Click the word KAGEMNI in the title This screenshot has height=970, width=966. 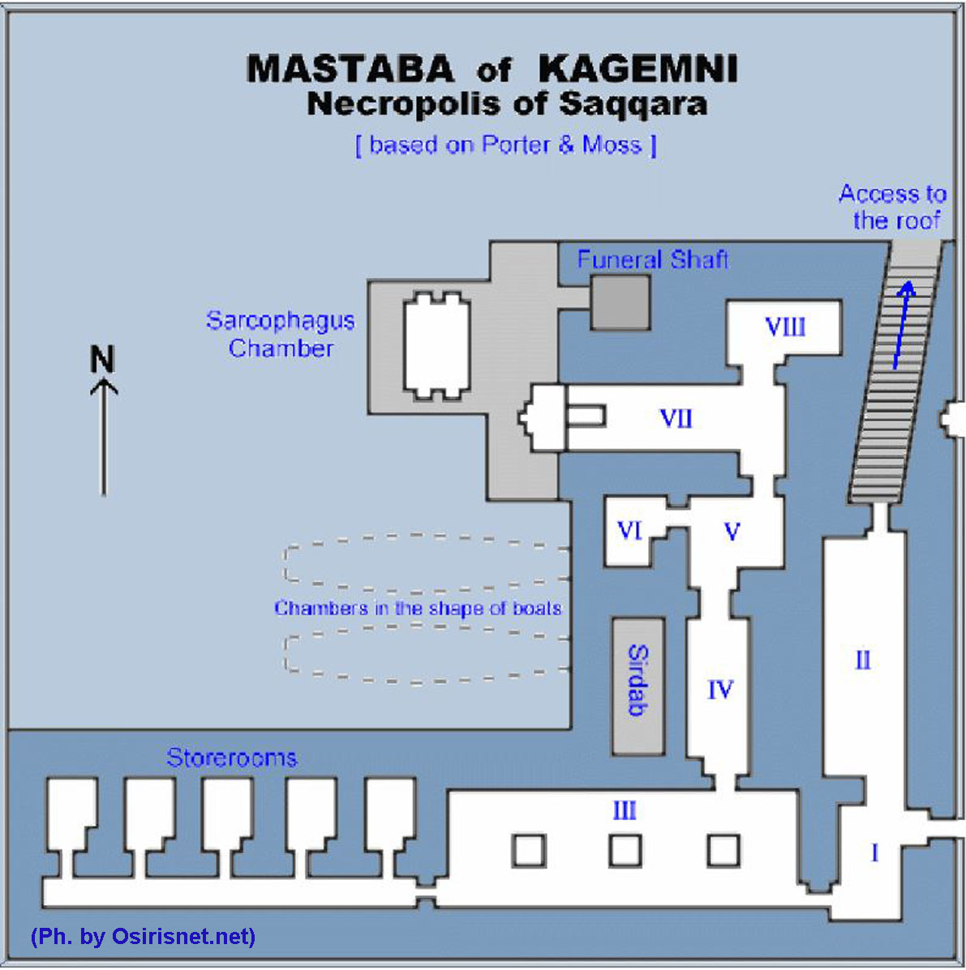click(638, 70)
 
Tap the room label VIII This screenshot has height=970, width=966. click(785, 327)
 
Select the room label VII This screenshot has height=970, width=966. click(676, 419)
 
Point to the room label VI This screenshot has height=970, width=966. click(629, 531)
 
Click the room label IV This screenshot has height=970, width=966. click(719, 690)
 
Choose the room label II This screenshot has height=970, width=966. click(863, 660)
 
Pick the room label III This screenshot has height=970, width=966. click(624, 810)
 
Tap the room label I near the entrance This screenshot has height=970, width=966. click(874, 853)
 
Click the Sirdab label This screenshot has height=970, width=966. click(638, 681)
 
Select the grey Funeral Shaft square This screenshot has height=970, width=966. click(620, 302)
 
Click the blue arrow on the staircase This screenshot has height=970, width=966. click(903, 324)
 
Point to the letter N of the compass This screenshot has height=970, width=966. click(102, 359)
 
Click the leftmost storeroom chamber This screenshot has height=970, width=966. click(71, 814)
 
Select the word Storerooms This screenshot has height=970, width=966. click(231, 758)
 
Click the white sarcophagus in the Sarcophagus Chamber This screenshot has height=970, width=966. click(437, 346)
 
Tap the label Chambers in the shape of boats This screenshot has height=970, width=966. click(418, 608)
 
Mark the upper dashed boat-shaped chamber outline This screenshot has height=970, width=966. click(426, 560)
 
